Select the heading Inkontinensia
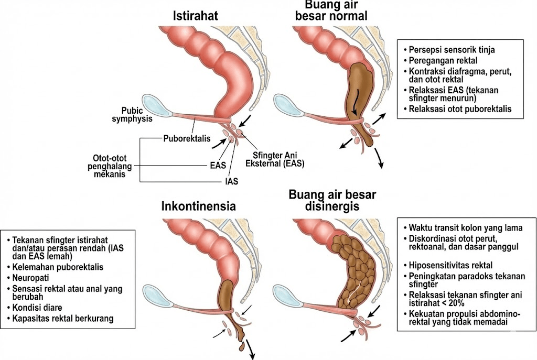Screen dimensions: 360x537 click(198, 206)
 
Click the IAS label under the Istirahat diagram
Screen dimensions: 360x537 click(229, 182)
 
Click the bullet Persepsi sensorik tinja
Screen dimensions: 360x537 click(453, 50)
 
